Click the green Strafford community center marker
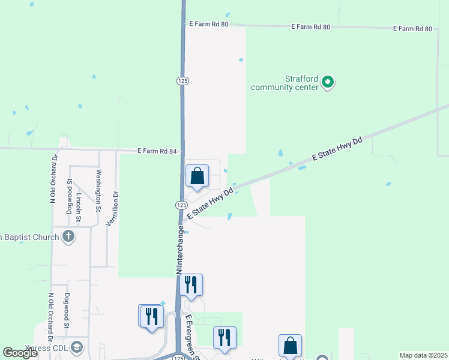pos(328,82)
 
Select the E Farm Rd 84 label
pos(158,151)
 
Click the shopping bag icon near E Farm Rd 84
pos(197,176)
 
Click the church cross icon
pos(68,236)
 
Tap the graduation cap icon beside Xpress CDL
pos(77,347)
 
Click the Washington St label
pos(99,191)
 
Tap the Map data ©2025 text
pos(423,355)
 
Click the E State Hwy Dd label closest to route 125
pos(209,203)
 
